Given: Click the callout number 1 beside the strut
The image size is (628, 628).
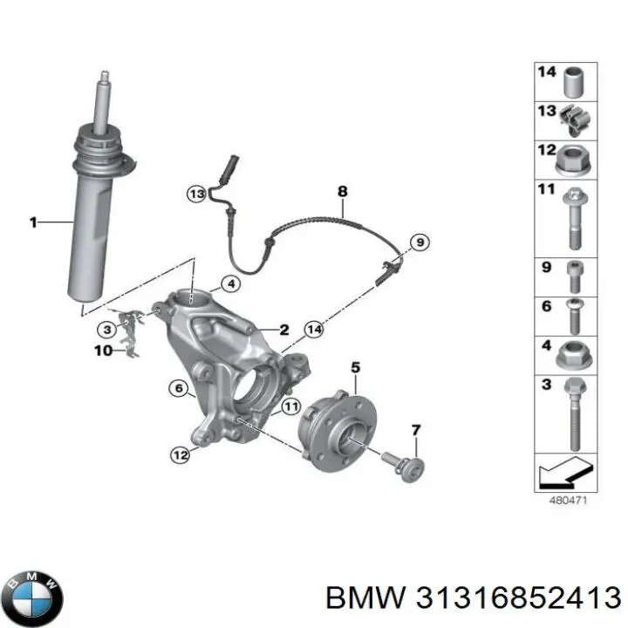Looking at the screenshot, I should click(x=33, y=223).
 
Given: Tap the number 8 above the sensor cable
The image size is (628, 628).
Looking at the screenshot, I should click(x=342, y=192).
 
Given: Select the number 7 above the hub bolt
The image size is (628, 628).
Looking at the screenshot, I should click(x=416, y=429).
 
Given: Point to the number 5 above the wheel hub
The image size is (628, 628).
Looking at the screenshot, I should click(x=355, y=368).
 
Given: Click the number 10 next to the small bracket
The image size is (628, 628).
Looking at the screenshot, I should click(x=103, y=351).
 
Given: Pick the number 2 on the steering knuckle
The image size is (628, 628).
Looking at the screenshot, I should click(x=283, y=329).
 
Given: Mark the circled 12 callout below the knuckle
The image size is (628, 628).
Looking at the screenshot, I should click(x=179, y=453).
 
